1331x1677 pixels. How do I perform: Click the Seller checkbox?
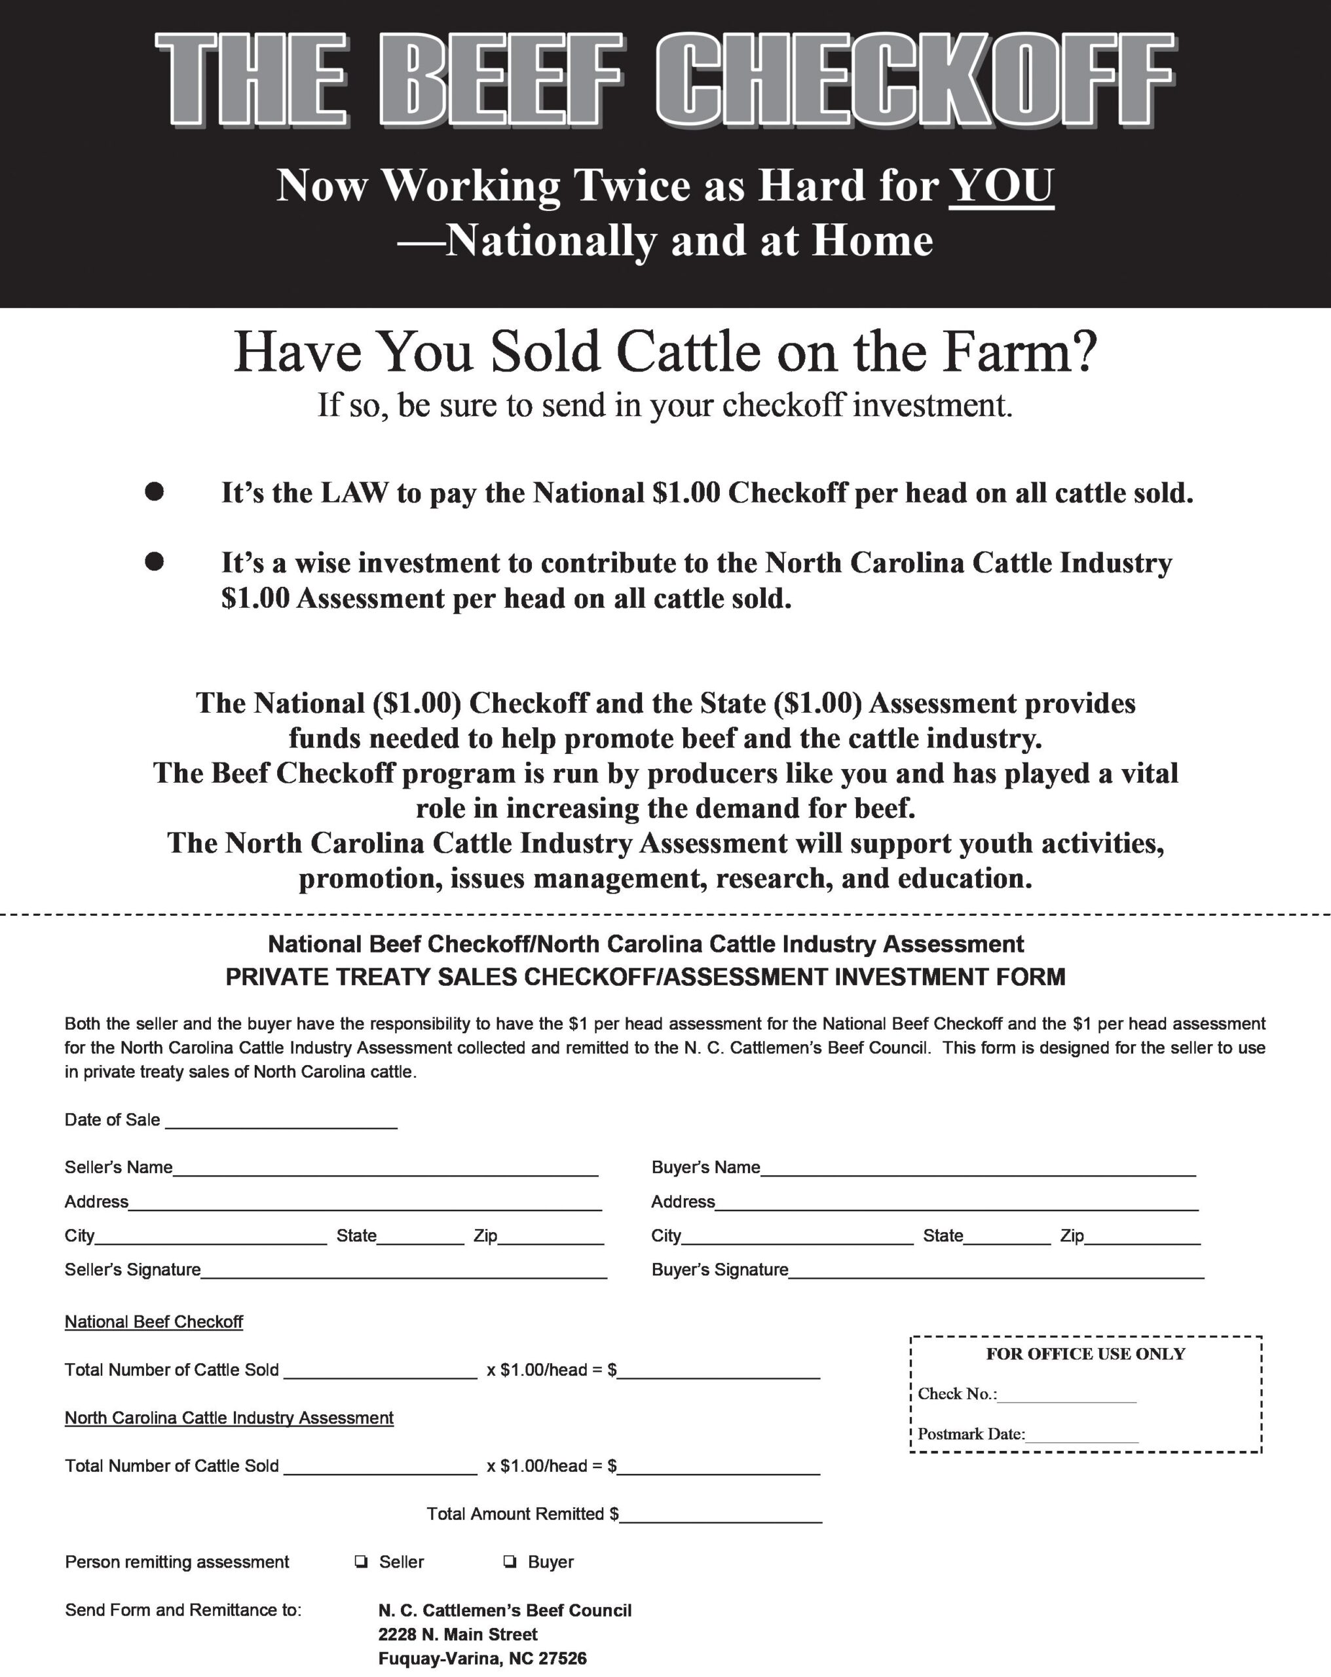tap(361, 1562)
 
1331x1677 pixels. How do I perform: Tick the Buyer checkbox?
tap(510, 1562)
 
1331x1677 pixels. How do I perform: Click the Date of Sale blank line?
tap(281, 1121)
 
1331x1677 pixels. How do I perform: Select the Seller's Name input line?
tap(385, 1168)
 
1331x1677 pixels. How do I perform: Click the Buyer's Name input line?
tap(978, 1168)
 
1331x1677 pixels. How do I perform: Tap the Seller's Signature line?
tap(403, 1271)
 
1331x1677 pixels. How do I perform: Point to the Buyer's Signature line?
tap(996, 1271)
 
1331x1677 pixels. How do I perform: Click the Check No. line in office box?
tap(1066, 1395)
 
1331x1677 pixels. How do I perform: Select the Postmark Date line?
tap(1082, 1436)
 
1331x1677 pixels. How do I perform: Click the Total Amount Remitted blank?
tap(721, 1515)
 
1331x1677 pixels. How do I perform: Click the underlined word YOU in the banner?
tap(1001, 186)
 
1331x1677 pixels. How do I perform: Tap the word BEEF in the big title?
tap(501, 81)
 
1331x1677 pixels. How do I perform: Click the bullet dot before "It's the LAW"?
tap(154, 491)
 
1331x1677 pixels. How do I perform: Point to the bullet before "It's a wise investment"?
tap(154, 561)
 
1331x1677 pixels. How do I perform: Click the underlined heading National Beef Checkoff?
tap(154, 1321)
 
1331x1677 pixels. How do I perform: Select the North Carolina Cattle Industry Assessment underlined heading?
tap(229, 1418)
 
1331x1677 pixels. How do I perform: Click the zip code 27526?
tap(563, 1659)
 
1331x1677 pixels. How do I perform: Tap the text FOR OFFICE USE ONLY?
tap(1085, 1354)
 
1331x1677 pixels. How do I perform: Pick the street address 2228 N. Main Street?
tap(459, 1634)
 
